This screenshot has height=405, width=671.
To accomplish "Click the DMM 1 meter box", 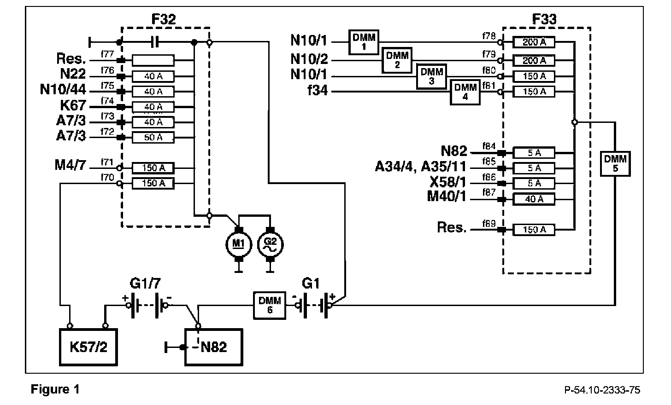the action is [x=364, y=42].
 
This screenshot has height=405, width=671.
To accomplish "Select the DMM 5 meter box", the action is [x=615, y=164].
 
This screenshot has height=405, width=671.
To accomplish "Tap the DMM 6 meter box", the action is [x=270, y=306].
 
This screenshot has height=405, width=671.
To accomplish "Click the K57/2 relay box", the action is [x=88, y=347].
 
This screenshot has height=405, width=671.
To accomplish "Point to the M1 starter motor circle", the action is [x=239, y=244].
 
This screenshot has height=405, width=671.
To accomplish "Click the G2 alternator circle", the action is [x=270, y=244].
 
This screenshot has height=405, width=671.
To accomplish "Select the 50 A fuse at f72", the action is [x=153, y=138].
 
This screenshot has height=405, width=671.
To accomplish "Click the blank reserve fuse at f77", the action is [x=153, y=60].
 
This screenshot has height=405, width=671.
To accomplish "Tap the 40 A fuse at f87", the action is [x=534, y=199].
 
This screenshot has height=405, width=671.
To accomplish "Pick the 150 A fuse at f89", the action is [x=534, y=230].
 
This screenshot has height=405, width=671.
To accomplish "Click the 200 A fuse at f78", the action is [x=534, y=42].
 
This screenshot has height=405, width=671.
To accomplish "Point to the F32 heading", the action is [x=164, y=19].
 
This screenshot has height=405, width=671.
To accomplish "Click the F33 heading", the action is [x=544, y=19].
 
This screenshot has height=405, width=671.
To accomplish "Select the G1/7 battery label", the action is [x=145, y=283].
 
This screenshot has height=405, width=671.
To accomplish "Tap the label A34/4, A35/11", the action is [x=421, y=167].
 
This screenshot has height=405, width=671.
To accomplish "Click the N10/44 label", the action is [x=63, y=89].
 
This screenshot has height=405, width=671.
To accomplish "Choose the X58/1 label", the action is [x=448, y=182].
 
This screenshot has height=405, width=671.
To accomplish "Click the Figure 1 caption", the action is [x=55, y=389].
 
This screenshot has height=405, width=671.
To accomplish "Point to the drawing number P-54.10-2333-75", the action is [x=602, y=390].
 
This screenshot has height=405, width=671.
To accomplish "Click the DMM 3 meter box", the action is [x=431, y=76].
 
